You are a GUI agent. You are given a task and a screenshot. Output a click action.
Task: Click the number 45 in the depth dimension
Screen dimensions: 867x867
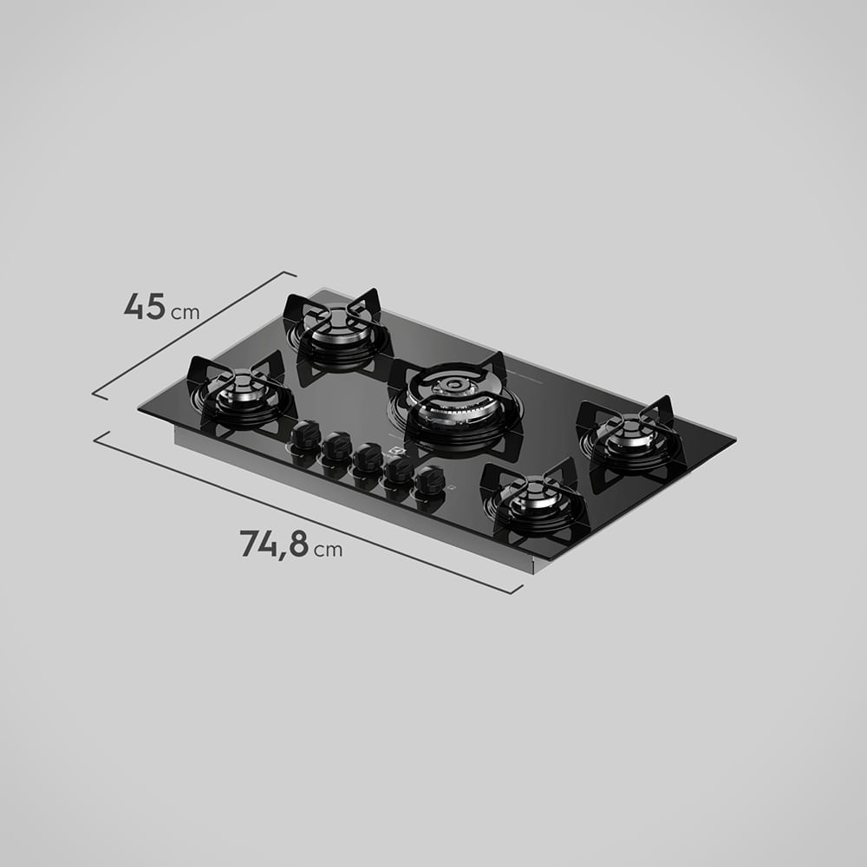click(x=144, y=307)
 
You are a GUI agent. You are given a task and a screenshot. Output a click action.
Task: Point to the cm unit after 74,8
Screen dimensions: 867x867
click(x=328, y=550)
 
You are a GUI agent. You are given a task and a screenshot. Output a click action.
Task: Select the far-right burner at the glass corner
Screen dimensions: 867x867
click(x=632, y=439)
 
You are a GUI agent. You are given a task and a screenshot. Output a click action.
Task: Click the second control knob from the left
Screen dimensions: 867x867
click(x=336, y=446)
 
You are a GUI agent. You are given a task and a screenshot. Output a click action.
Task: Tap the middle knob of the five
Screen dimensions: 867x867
click(x=368, y=457)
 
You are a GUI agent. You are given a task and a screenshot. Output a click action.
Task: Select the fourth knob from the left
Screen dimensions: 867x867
click(x=399, y=469)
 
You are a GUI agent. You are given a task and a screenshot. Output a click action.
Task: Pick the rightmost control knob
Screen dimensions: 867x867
click(x=430, y=479)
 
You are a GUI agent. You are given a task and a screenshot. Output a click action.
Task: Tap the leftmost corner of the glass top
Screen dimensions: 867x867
click(x=140, y=410)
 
